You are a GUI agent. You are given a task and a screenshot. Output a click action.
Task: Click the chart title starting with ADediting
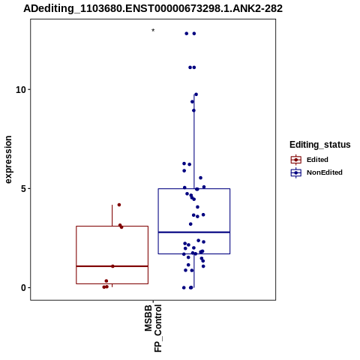pyautogui.click(x=153, y=8)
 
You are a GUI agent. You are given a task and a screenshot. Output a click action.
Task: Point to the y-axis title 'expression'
pyautogui.click(x=8, y=160)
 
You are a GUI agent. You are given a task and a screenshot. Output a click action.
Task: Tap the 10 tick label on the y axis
pyautogui.click(x=21, y=89)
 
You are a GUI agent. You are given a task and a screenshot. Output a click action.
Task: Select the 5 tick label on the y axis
pyautogui.click(x=23, y=188)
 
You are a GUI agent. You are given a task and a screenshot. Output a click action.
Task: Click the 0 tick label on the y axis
pyautogui.click(x=23, y=288)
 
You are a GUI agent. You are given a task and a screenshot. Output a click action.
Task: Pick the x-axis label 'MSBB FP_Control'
pyautogui.click(x=153, y=328)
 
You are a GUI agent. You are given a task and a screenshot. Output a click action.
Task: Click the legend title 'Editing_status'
pyautogui.click(x=320, y=145)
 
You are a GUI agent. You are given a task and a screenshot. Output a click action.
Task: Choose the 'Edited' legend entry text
pyautogui.click(x=317, y=160)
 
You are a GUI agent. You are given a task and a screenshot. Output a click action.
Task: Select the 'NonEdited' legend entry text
pyautogui.click(x=325, y=172)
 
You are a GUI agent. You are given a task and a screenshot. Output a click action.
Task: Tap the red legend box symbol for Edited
pyautogui.click(x=296, y=160)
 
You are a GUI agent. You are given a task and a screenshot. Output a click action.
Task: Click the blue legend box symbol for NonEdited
pyautogui.click(x=296, y=172)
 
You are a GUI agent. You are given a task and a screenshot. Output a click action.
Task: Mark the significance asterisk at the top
pyautogui.click(x=153, y=31)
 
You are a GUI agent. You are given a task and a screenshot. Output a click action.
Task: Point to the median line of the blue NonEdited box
pyautogui.click(x=194, y=232)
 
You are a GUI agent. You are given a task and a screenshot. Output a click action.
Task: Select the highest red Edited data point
pyautogui.click(x=119, y=205)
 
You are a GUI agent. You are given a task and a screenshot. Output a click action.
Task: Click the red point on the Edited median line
pyautogui.click(x=112, y=266)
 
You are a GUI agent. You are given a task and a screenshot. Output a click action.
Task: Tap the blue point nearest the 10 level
pyautogui.click(x=196, y=94)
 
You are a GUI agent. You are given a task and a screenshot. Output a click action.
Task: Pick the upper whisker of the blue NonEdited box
pyautogui.click(x=194, y=142)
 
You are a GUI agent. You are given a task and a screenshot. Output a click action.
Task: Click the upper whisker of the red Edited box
pyautogui.click(x=112, y=215)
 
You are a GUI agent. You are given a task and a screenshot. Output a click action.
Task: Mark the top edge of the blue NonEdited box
pyautogui.click(x=194, y=189)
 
